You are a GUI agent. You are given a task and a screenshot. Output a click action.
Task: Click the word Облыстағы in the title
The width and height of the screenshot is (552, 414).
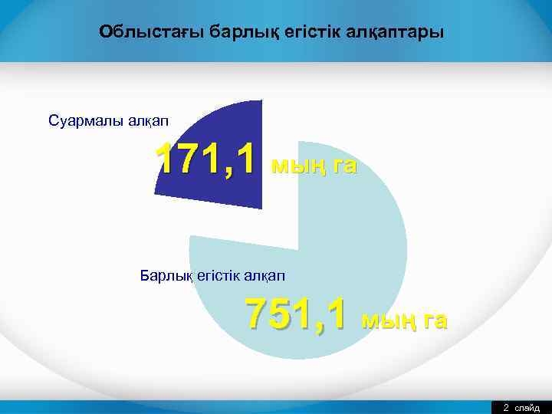click(x=136, y=32)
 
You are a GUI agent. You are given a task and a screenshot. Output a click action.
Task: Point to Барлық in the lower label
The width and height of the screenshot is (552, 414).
click(x=162, y=274)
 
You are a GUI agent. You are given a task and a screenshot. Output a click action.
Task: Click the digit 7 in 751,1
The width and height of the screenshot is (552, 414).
click(x=258, y=313)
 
